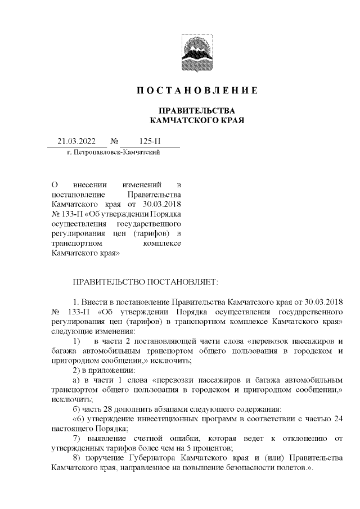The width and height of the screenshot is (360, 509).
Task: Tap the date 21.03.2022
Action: click(77, 141)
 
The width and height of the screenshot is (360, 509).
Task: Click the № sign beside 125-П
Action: click(114, 141)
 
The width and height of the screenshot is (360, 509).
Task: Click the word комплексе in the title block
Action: click(163, 244)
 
